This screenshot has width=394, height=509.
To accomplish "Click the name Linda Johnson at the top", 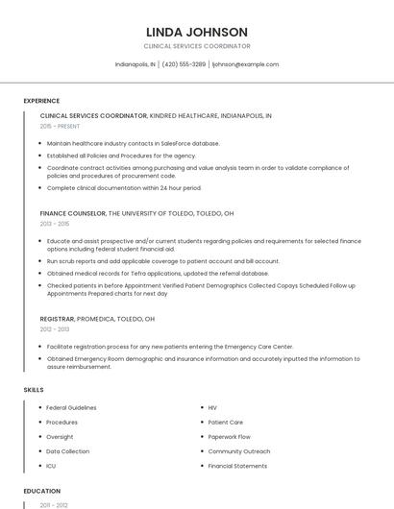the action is pos(197,32).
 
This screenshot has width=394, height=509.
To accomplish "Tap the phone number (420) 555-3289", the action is pos(184,64).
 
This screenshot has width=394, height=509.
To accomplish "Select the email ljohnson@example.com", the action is pos(245,64).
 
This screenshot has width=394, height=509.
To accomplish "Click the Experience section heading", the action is pos(41,101).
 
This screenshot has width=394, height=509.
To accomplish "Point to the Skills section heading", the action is pos(34,390).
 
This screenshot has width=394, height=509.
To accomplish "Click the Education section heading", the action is pos(41,490).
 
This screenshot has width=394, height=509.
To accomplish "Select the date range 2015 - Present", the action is pos(61,126).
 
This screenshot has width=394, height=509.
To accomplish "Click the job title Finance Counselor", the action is pos(73,212).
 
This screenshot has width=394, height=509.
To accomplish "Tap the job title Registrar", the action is pos(57,318).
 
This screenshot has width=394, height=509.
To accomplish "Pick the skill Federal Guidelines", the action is pos(71,407).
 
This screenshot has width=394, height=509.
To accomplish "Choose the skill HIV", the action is pos(212,407).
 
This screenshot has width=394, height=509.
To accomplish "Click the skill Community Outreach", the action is pos(238,451).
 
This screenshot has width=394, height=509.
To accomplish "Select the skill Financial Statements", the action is pos(237,466).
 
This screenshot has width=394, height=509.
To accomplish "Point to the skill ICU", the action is pos(51,466).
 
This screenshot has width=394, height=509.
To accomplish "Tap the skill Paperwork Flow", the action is pos(229,437).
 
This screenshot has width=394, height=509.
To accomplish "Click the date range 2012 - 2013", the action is pos(55,328).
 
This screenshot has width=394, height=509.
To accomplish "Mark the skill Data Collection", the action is pos(67,451).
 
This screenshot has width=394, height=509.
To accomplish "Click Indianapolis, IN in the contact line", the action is pos(135,64).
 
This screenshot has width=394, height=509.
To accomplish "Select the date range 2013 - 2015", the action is pos(55,223).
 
